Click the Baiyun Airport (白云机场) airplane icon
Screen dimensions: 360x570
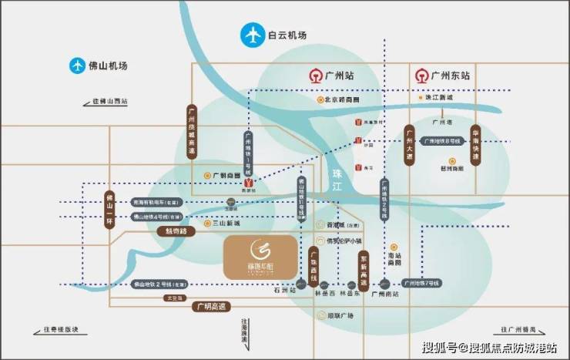pyautogui.click(x=251, y=35)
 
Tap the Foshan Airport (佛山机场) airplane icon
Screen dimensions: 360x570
pyautogui.click(x=77, y=66)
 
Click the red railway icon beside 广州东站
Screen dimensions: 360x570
pyautogui.click(x=421, y=76)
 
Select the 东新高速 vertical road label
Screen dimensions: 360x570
pyautogui.click(x=364, y=270)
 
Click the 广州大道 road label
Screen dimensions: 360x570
pyautogui.click(x=409, y=145)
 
